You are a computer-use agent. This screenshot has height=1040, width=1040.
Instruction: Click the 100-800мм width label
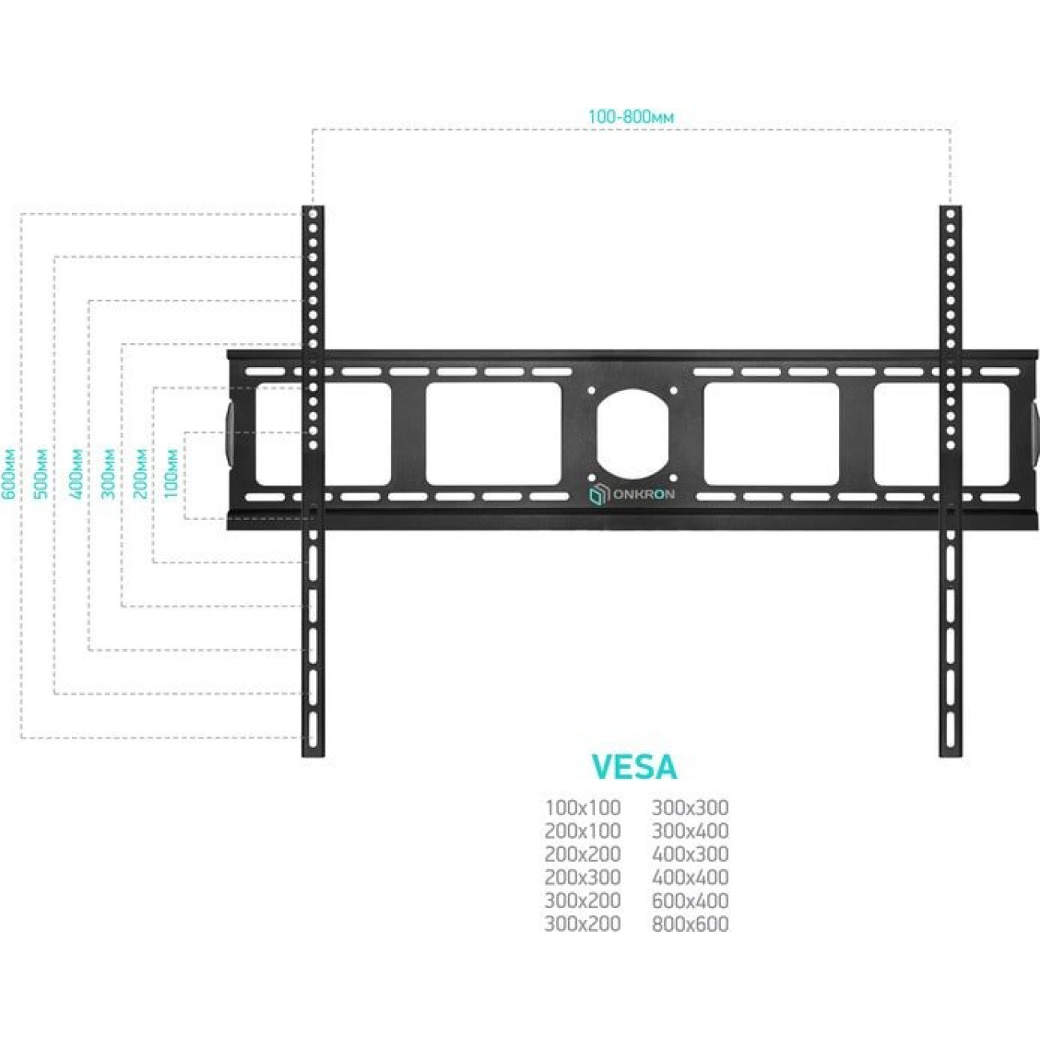click(630, 117)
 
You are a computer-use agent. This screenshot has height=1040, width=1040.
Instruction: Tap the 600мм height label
click(10, 474)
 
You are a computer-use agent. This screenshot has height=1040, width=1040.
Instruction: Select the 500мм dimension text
click(42, 474)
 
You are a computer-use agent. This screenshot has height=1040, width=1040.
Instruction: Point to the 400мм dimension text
click(77, 474)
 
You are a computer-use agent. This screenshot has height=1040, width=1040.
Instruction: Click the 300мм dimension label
click(108, 474)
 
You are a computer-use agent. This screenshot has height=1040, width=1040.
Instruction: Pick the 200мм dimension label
click(140, 474)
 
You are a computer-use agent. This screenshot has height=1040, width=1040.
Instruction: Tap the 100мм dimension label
click(171, 474)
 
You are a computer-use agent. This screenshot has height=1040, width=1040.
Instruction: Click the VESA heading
click(634, 767)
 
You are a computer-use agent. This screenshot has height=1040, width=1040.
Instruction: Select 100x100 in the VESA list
click(582, 808)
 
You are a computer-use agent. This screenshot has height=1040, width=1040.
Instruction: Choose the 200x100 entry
click(582, 831)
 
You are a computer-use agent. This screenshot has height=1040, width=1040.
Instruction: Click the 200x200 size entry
click(582, 854)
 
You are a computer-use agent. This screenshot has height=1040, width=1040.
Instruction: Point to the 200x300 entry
click(582, 878)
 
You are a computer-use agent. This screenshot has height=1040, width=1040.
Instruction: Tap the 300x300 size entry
click(690, 808)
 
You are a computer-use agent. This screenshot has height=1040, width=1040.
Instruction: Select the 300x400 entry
click(690, 831)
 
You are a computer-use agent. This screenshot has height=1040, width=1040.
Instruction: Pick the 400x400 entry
click(690, 878)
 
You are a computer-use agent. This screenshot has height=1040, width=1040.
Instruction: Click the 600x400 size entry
click(690, 901)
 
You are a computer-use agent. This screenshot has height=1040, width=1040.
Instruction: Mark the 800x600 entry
click(690, 924)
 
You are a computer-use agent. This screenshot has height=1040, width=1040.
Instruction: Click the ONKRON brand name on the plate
click(642, 494)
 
